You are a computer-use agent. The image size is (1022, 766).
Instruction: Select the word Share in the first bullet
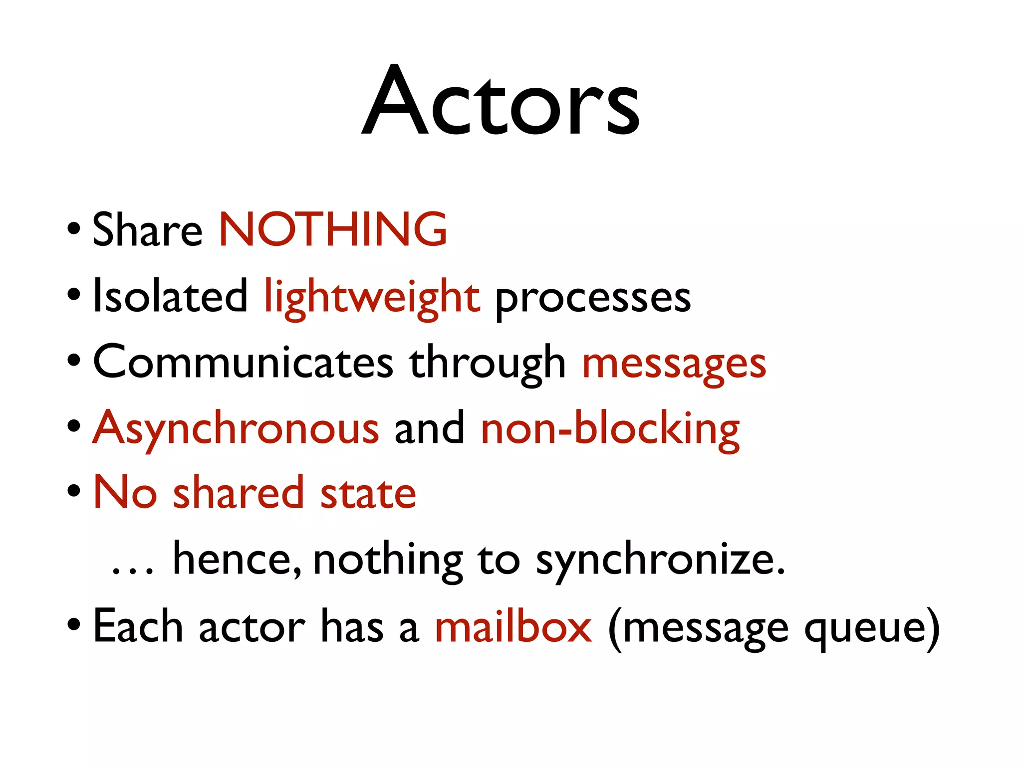(x=147, y=230)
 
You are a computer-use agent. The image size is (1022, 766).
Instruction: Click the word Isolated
(x=170, y=297)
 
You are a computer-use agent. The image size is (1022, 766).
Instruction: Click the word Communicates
(x=243, y=363)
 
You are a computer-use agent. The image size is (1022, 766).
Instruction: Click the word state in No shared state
(x=368, y=494)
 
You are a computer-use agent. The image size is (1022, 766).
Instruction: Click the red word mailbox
(x=513, y=626)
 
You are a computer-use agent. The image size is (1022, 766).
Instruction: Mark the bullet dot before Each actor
(x=74, y=624)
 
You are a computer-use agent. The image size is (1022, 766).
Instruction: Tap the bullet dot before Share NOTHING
(x=74, y=228)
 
